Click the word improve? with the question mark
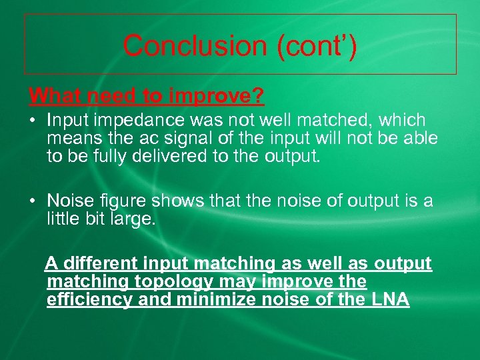tap(217, 96)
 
